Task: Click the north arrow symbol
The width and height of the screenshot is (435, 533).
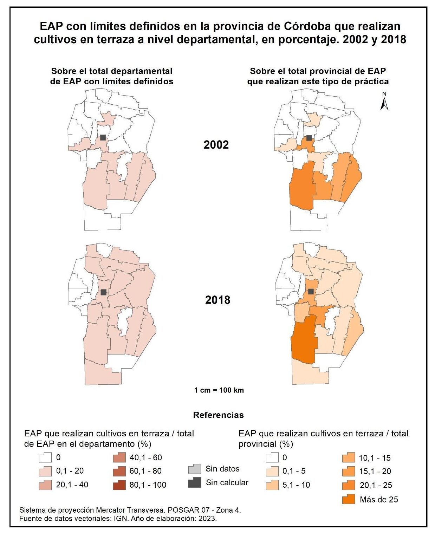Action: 384,102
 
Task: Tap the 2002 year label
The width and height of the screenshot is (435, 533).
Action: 216,144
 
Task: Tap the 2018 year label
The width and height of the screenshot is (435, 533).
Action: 217,300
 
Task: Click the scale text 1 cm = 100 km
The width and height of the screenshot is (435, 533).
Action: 219,390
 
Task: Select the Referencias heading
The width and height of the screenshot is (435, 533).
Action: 218,415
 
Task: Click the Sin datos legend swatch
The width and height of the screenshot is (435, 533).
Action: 194,469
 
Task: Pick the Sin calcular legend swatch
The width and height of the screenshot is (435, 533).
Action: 194,482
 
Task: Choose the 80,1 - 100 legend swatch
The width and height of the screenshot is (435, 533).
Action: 119,485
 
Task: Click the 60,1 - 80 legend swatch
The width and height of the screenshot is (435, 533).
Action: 119,471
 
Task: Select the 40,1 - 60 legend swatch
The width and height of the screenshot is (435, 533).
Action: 119,458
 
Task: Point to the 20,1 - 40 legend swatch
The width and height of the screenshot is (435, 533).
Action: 46,485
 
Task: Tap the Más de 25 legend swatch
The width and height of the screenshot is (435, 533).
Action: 349,499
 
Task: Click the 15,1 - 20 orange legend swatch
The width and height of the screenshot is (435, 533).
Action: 349,471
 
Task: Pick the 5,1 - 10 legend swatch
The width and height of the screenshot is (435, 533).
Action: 272,485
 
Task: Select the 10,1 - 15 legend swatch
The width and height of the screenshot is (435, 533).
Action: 349,458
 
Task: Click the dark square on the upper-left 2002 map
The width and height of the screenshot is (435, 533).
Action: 103,137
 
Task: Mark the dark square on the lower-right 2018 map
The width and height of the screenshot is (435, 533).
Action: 311,291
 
